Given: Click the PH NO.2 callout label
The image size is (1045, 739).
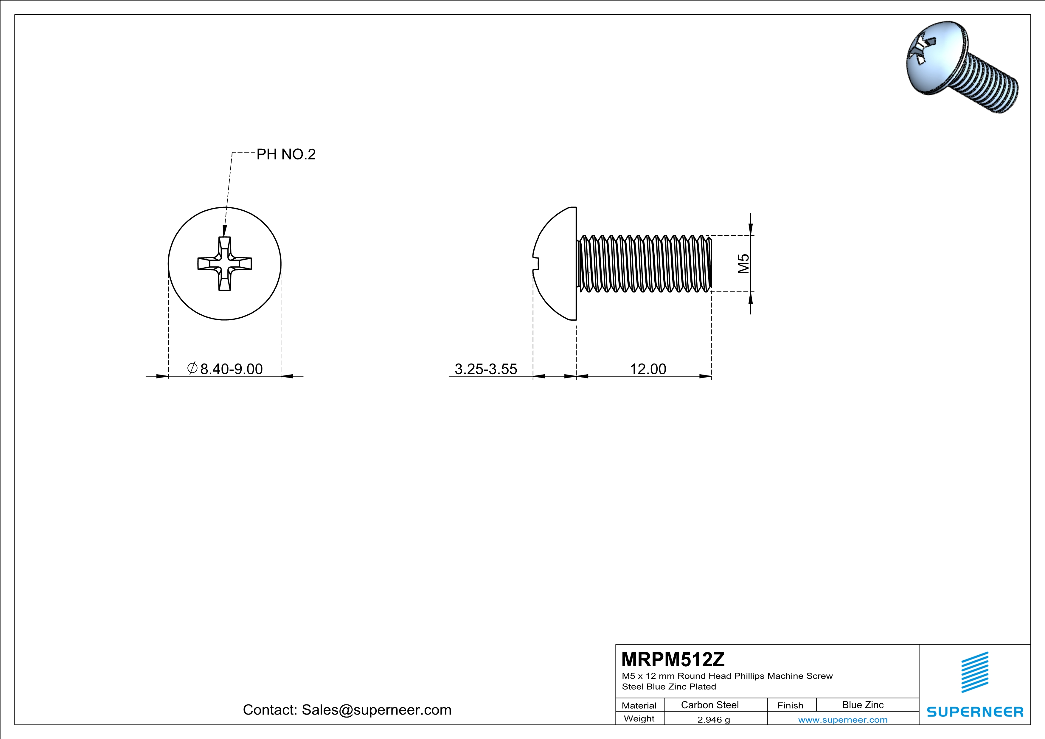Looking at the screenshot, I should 286,154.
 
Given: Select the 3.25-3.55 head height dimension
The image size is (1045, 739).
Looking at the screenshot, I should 486,369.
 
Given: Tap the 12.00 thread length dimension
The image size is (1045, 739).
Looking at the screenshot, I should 648,369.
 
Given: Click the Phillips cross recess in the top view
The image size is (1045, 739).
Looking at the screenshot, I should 224,263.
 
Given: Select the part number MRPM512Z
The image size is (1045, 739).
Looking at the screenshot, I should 673,659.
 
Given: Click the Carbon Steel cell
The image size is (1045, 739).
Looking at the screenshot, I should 709,705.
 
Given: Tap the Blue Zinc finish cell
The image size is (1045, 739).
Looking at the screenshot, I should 862,705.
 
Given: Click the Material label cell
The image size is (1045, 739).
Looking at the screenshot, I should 639,705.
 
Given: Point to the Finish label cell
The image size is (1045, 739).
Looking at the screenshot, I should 790,705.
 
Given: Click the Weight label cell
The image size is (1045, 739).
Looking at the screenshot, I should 639,718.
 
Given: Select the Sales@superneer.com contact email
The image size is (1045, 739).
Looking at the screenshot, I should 376,710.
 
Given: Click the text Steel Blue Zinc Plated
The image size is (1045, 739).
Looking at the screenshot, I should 669,687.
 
